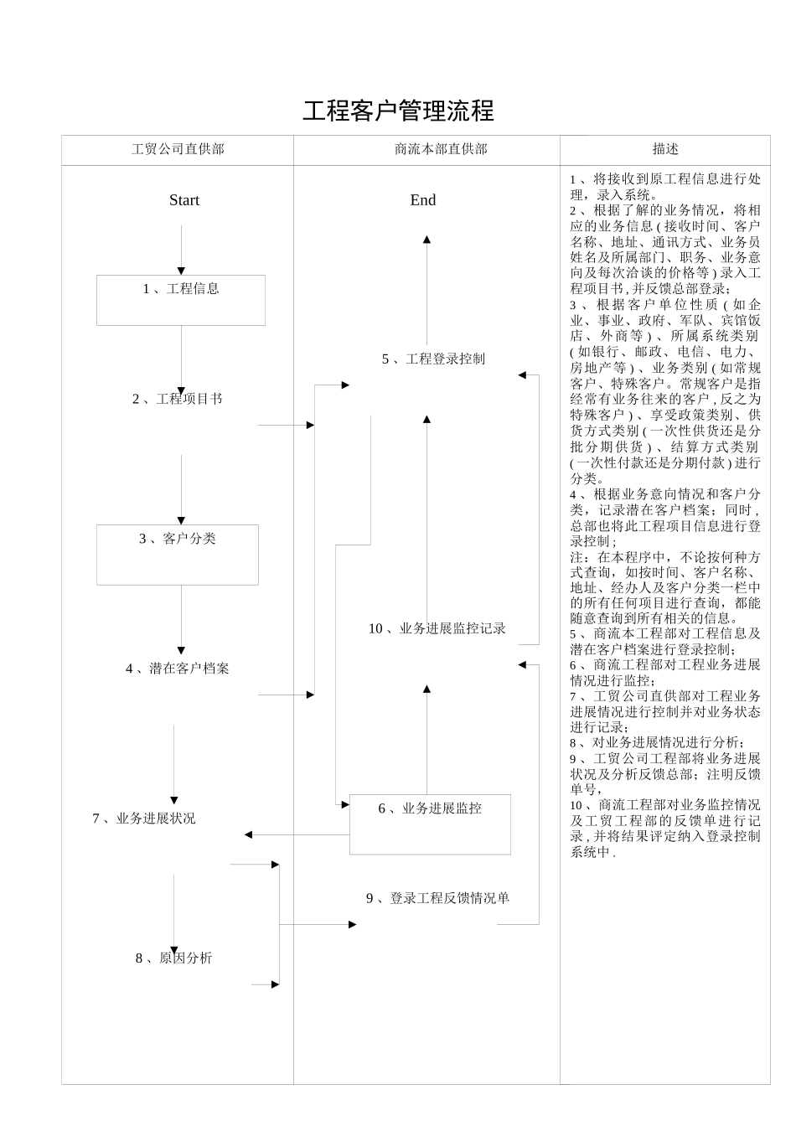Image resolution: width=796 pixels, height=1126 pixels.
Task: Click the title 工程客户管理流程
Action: (x=398, y=111)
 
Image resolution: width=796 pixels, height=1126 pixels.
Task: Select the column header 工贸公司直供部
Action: (x=178, y=149)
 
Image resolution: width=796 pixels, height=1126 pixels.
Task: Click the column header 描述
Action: (x=665, y=149)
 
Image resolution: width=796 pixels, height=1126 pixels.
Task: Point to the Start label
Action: (x=184, y=200)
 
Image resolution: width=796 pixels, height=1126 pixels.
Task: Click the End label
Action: (x=423, y=200)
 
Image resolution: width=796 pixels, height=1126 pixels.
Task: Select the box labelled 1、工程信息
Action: (x=181, y=300)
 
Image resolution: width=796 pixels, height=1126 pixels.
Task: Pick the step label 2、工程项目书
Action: (x=178, y=399)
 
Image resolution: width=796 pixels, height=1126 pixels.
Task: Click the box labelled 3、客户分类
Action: (x=178, y=555)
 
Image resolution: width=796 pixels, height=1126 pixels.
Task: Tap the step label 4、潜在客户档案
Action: (x=178, y=669)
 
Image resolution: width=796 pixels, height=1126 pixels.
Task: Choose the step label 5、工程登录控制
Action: (x=433, y=359)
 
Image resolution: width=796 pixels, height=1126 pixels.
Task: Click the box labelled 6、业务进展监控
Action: (x=430, y=824)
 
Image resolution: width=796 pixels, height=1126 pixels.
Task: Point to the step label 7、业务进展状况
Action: (x=144, y=819)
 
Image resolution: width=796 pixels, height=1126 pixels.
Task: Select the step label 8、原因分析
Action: (x=174, y=958)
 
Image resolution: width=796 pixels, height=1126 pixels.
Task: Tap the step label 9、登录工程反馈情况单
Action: (x=437, y=899)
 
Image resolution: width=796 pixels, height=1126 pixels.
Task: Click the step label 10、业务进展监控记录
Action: (x=437, y=629)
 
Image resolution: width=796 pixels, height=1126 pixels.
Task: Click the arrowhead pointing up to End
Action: (x=426, y=240)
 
